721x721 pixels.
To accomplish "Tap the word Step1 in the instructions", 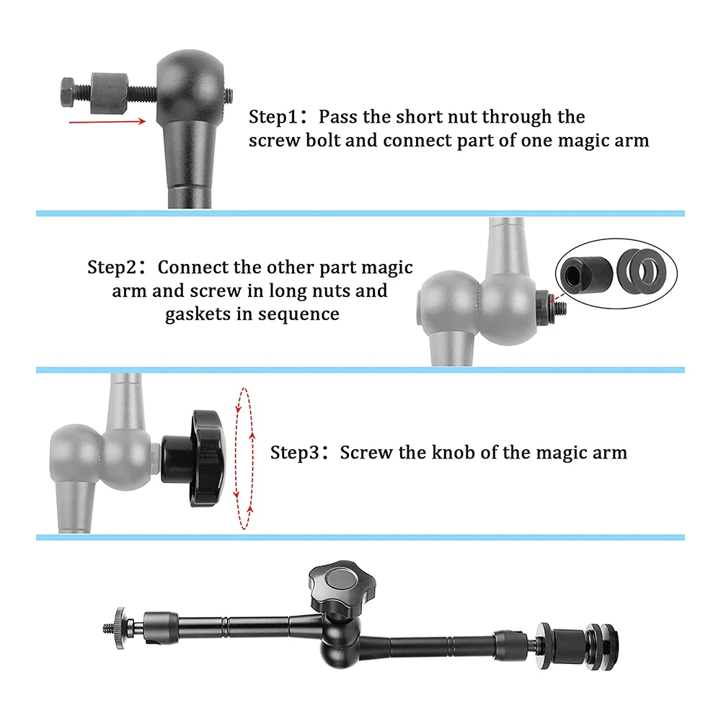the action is [273, 117].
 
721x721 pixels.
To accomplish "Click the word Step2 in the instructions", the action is [111, 267].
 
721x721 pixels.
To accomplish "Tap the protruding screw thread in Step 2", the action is [559, 306].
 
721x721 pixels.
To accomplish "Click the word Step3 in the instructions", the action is [294, 453].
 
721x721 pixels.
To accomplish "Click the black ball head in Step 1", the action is [190, 83].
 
